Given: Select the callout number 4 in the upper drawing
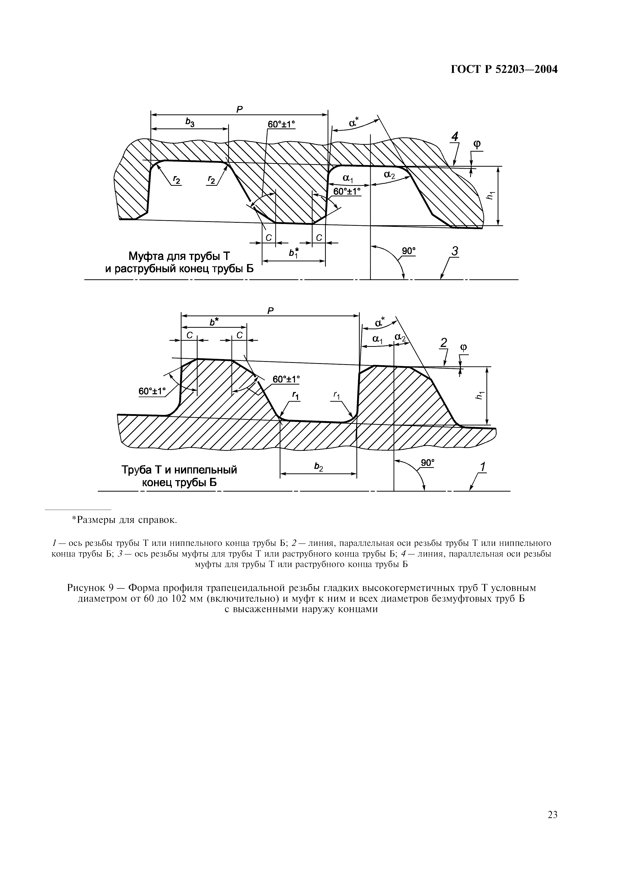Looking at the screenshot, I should point(454,137).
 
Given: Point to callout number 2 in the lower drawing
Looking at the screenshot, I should point(444,343).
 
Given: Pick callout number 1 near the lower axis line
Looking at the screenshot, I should point(483,466).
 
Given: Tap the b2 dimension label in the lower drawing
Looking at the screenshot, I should point(318,467).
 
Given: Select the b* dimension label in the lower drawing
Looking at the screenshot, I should point(214,322).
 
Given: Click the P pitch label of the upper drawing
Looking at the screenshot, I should point(239,109).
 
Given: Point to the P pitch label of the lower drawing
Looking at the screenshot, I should point(270,310).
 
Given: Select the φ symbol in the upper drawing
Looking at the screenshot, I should point(477,145).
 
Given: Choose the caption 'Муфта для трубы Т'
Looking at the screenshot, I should point(179,257).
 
